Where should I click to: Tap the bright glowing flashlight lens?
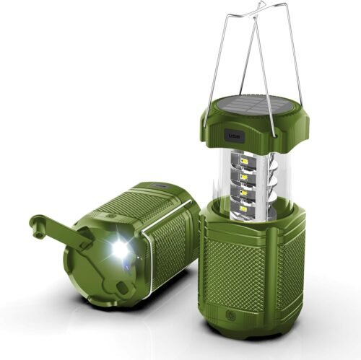(120, 250)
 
